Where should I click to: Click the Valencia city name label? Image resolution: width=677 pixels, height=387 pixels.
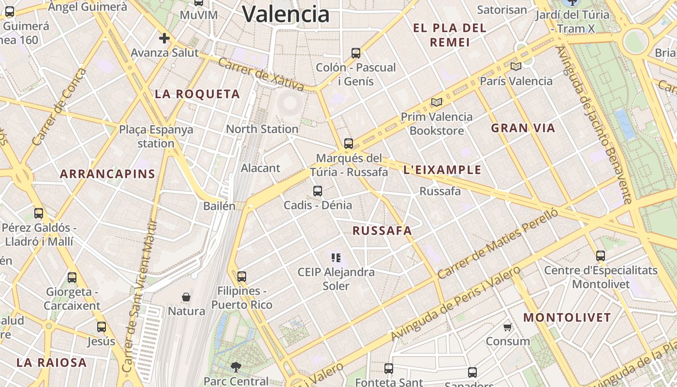point(286,14)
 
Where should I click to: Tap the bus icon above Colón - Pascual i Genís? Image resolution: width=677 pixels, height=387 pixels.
point(356,53)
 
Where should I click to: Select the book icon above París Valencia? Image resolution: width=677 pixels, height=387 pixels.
point(516,66)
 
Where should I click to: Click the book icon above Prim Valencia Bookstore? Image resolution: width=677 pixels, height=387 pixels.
point(437,102)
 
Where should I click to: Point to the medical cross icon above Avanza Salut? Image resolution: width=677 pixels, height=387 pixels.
point(164,38)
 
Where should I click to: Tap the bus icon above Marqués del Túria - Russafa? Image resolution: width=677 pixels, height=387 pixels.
point(349,144)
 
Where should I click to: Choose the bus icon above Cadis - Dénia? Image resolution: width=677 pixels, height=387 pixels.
point(318,191)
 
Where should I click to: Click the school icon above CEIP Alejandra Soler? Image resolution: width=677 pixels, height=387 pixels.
point(336,258)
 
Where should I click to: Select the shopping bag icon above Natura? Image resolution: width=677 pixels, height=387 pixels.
point(186,297)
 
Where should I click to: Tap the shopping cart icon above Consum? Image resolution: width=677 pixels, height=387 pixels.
point(508,327)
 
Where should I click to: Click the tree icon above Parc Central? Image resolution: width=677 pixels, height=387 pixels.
point(236,367)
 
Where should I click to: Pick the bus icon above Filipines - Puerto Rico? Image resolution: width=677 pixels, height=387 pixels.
point(242,277)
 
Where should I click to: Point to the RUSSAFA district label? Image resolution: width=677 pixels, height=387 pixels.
point(382,231)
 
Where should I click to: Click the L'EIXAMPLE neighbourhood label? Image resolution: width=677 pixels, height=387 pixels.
point(442,170)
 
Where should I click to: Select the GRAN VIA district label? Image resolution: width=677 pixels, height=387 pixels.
point(523,128)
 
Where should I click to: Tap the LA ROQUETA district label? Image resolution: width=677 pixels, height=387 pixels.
point(197,94)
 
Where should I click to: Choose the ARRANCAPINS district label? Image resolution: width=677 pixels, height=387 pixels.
point(107,174)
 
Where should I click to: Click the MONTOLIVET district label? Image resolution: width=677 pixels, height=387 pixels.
point(567,318)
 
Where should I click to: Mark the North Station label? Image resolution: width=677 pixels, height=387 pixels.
point(262,129)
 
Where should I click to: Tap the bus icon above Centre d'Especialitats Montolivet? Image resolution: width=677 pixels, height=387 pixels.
point(601,256)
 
